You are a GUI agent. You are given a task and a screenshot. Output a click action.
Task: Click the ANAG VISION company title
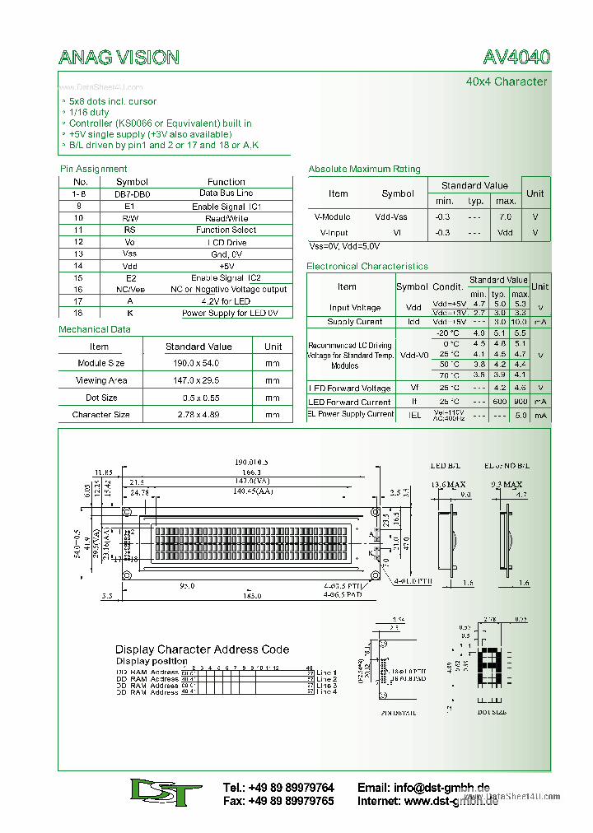119,57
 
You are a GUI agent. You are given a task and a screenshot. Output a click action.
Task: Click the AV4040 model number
516,57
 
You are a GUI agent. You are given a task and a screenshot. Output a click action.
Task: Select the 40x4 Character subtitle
506,81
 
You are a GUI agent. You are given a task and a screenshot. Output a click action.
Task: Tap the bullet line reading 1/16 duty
89,113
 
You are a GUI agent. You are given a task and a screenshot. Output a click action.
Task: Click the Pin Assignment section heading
93,169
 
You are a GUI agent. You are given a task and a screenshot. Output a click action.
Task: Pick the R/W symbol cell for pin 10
131,219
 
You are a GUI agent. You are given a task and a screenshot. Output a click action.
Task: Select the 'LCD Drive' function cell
226,243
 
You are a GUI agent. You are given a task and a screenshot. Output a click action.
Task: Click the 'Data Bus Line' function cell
226,193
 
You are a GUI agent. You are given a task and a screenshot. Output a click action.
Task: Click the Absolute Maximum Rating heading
364,169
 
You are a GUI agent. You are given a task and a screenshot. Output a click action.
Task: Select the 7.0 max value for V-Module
505,217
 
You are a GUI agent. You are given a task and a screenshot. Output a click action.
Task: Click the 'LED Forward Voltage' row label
350,388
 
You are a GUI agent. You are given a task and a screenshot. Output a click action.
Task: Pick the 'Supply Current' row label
355,322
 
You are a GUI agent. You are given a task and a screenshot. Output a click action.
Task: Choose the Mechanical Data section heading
95,329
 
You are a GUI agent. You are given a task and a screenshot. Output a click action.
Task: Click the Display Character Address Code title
202,649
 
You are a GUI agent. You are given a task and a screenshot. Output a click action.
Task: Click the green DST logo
166,793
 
